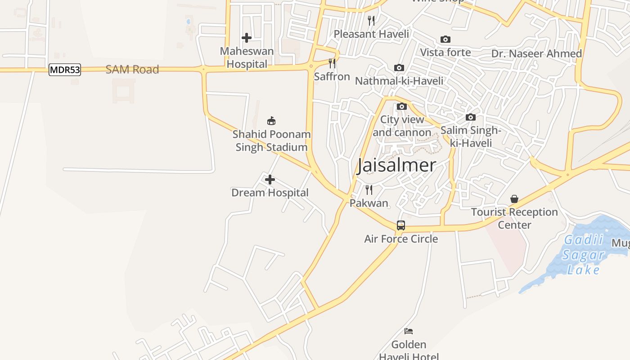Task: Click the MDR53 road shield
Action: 65,70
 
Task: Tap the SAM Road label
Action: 132,69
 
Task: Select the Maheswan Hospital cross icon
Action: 247,38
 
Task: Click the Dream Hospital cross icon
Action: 270,180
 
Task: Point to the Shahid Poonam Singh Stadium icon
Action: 271,121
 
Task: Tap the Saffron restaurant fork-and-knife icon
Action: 332,63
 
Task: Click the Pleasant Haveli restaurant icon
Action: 371,21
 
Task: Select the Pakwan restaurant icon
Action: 369,190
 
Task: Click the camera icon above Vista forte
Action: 445,40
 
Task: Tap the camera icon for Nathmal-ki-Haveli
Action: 399,68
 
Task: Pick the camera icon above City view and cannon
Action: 402,107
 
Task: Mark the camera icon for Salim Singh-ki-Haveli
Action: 471,117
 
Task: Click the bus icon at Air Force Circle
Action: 401,225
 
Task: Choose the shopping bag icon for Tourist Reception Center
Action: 514,199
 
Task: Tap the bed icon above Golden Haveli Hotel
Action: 409,331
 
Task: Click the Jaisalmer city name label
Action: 396,165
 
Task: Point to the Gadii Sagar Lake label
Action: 584,255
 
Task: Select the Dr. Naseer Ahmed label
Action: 536,54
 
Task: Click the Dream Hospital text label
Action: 270,193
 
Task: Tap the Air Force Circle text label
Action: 401,239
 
